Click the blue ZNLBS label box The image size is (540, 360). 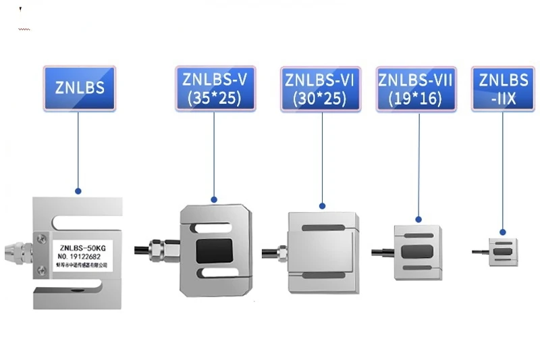tap(79, 88)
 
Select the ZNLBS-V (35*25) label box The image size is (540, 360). tap(215, 88)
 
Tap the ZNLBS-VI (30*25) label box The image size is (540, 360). tap(320, 88)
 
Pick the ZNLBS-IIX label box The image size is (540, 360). tap(504, 88)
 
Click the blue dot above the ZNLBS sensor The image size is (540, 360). tap(78, 191)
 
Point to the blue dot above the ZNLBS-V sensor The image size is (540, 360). tap(215, 199)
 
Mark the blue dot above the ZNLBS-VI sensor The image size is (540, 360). tap(322, 205)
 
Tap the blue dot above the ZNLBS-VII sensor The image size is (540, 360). tap(418, 218)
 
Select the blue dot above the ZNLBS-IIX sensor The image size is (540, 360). tap(503, 230)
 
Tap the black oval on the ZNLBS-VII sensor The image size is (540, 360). tap(417, 252)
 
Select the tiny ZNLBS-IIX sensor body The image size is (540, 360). tap(503, 251)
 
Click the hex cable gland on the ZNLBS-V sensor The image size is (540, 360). tap(157, 249)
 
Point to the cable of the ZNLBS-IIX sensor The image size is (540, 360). tap(480, 252)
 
